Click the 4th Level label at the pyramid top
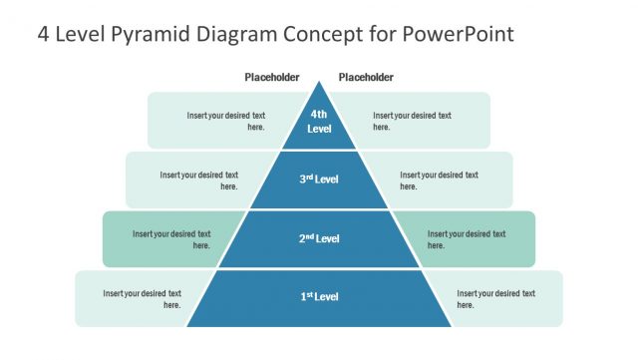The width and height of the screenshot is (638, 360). pyautogui.click(x=319, y=122)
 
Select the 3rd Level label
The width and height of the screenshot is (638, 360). pyautogui.click(x=319, y=180)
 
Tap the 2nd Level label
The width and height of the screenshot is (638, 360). pyautogui.click(x=319, y=238)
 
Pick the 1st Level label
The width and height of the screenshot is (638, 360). pyautogui.click(x=319, y=297)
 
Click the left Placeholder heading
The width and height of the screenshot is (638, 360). pyautogui.click(x=272, y=78)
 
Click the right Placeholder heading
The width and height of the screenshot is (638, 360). pyautogui.click(x=366, y=78)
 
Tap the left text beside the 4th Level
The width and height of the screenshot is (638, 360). pyautogui.click(x=225, y=121)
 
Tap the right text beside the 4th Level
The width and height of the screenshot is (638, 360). pyautogui.click(x=412, y=121)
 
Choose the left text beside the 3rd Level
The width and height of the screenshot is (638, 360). pyautogui.click(x=199, y=180)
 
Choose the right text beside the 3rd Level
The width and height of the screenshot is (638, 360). pyautogui.click(x=439, y=180)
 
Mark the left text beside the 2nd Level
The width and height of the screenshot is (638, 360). pyautogui.click(x=171, y=239)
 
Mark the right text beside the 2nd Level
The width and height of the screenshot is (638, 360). pyautogui.click(x=467, y=239)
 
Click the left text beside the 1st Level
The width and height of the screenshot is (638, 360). pyautogui.click(x=142, y=298)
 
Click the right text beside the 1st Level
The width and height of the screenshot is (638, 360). pyautogui.click(x=495, y=298)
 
